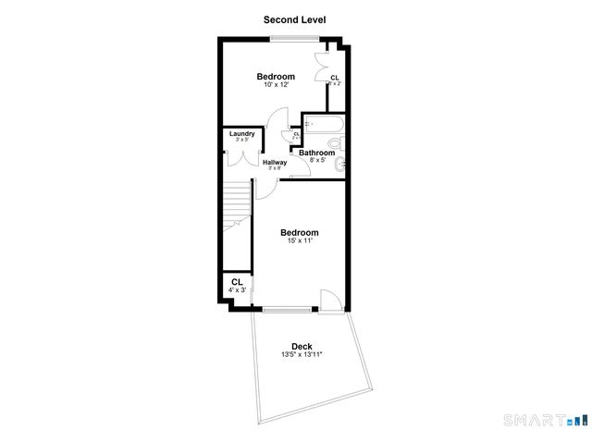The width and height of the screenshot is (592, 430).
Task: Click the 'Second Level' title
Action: click(294, 18)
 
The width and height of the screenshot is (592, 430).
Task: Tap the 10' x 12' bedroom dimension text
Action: click(275, 85)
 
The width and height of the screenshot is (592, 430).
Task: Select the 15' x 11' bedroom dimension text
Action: click(299, 241)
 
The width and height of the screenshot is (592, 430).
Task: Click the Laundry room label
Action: click(242, 133)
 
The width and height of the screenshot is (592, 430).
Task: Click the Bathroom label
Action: click(328, 153)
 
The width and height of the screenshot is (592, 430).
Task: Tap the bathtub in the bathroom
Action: click(325, 124)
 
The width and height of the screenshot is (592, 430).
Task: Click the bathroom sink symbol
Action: click(341, 165)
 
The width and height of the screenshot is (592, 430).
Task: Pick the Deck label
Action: click(302, 347)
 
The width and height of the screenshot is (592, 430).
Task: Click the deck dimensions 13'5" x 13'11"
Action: click(302, 355)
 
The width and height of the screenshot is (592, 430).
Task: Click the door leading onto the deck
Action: click(328, 301)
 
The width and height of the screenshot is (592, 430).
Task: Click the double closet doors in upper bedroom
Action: click(321, 67)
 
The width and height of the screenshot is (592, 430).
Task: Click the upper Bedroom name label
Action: click(276, 76)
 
